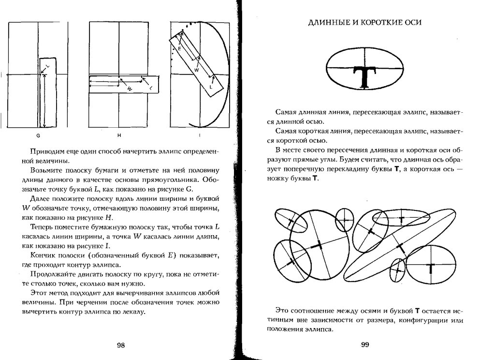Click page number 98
pyautogui.click(x=121, y=345)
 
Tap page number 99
pyautogui.click(x=365, y=345)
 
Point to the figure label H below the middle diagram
pyautogui.click(x=119, y=136)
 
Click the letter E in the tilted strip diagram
pyautogui.click(x=179, y=49)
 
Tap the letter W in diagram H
pyautogui.click(x=130, y=89)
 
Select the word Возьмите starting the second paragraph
pyautogui.click(x=45, y=170)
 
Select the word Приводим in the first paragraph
pyautogui.click(x=46, y=151)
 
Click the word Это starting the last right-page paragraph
pyautogui.click(x=281, y=310)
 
